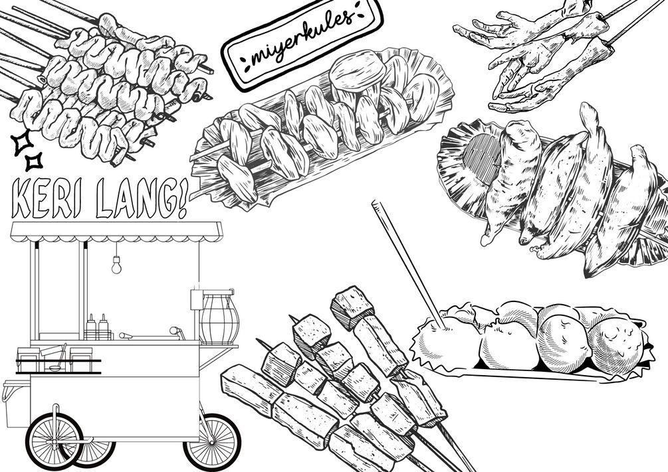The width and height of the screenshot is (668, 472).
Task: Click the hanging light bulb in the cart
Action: click(116, 265)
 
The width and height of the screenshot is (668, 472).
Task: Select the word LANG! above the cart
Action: click(142, 198)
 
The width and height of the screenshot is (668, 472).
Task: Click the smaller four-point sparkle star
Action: click(34, 162)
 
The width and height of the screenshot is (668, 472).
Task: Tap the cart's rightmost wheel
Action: click(212, 441)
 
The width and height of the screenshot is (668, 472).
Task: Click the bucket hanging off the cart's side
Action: click(15, 404)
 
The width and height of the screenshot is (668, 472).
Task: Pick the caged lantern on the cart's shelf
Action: click(219, 317)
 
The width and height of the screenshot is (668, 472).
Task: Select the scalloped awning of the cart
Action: click(116, 232)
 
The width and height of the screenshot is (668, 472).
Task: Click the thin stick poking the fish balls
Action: click(409, 264)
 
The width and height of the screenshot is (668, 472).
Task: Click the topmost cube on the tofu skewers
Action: click(352, 307)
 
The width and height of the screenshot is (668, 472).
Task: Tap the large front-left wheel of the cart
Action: click(55, 441)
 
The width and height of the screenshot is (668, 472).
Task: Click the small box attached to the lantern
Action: click(196, 299)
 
